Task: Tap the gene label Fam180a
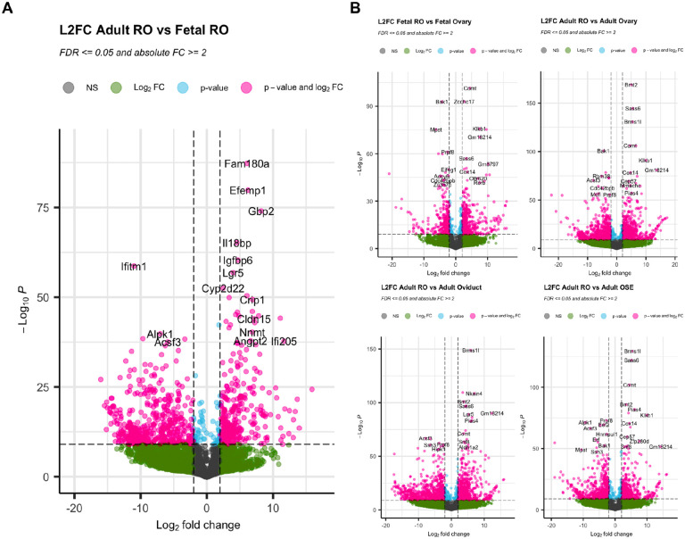(x=246, y=164)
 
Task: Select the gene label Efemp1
(x=254, y=191)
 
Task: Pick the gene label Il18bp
(x=237, y=244)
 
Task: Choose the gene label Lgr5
(x=233, y=273)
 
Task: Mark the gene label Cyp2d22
(x=223, y=288)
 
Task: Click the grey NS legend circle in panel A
(x=69, y=88)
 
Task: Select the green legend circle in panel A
(x=115, y=88)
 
